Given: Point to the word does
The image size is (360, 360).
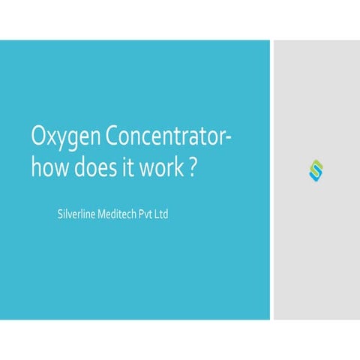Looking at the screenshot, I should (x=97, y=167).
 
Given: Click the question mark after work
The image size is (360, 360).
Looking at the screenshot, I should (x=193, y=167).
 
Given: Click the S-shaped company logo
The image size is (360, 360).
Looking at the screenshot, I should (x=315, y=169).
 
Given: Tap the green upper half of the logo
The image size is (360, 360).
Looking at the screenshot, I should (x=315, y=164).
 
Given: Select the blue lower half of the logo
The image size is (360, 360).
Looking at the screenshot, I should (x=315, y=175).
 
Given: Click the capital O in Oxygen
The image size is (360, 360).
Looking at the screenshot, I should (x=40, y=139).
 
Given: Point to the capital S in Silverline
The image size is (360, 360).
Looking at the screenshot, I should (x=60, y=215).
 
